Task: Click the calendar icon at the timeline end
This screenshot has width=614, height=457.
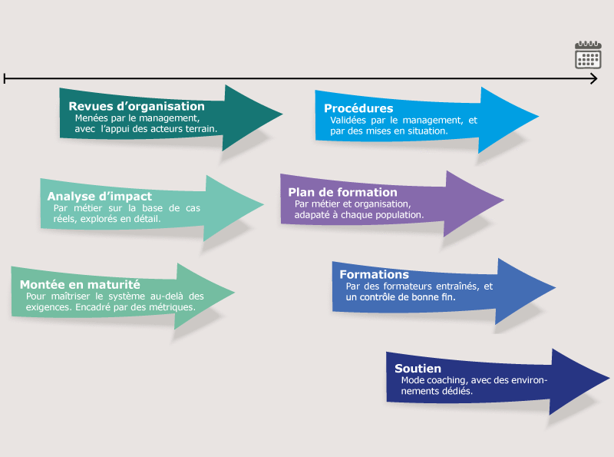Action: [x=588, y=55]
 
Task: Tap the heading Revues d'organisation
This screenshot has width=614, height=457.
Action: [x=137, y=107]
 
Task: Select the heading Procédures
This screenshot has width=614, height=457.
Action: [x=358, y=108]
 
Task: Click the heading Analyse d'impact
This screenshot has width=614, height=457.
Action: [x=100, y=197]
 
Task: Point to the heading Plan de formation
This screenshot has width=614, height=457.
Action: [x=342, y=192]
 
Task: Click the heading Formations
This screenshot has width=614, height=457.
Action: [x=374, y=274]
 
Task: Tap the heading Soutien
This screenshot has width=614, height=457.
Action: [x=419, y=369]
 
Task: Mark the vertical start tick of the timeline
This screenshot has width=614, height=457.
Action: [x=5, y=78]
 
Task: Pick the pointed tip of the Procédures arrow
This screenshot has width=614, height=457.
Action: [x=538, y=117]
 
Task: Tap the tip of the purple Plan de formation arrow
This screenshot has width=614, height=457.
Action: [x=503, y=201]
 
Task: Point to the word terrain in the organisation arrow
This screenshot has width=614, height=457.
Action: [x=202, y=129]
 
